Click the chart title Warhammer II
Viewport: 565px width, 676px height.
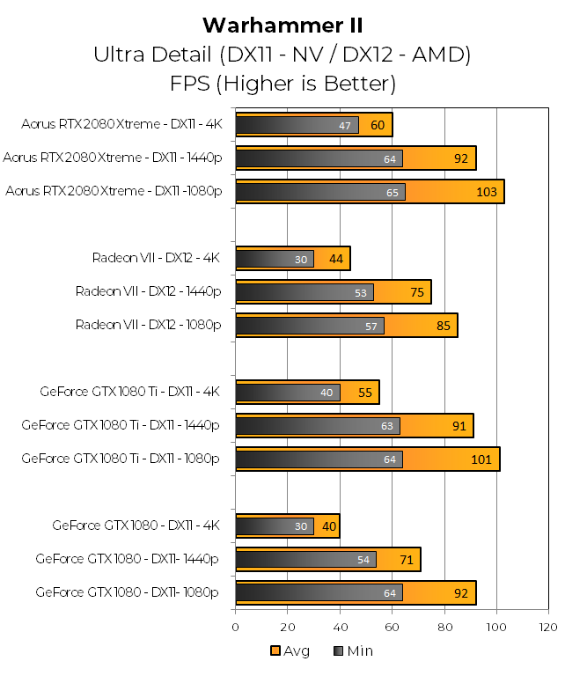(282, 24)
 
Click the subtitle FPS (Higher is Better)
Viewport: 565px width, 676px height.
(282, 84)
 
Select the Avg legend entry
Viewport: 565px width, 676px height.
(290, 651)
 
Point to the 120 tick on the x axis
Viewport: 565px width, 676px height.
(548, 628)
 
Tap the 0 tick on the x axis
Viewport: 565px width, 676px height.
(235, 628)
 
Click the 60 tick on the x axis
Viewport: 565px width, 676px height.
(392, 628)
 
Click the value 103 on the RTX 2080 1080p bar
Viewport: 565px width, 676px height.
(487, 193)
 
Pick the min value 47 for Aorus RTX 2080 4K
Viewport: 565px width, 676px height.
(345, 126)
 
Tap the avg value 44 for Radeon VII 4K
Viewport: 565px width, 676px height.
(335, 260)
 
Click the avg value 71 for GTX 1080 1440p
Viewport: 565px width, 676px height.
(405, 560)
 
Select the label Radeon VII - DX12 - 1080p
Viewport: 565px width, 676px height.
(148, 326)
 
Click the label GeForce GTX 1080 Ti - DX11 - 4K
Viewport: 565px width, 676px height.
(129, 393)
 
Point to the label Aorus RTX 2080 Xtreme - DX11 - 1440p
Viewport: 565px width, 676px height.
(113, 158)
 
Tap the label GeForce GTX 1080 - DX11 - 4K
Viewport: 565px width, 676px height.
(136, 526)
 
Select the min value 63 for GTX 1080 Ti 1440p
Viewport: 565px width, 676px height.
(387, 426)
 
